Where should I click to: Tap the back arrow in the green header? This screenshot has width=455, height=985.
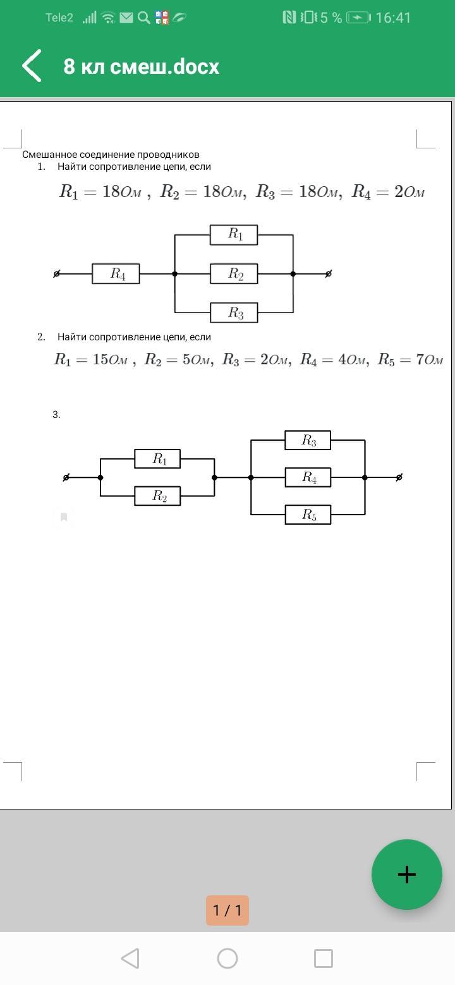click(32, 66)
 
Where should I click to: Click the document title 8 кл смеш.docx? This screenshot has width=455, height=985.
click(141, 67)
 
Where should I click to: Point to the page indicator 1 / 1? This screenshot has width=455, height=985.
click(227, 910)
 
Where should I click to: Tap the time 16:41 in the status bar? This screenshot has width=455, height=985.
click(393, 18)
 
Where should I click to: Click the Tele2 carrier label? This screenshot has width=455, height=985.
click(59, 18)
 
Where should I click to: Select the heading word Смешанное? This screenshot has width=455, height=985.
click(49, 155)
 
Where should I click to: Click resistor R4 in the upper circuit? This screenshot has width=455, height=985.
click(116, 274)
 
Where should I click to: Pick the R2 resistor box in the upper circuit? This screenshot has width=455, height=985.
click(234, 274)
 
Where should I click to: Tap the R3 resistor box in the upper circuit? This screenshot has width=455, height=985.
click(234, 313)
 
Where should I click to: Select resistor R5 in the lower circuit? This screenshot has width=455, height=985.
click(308, 515)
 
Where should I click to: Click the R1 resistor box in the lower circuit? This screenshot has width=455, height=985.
click(157, 459)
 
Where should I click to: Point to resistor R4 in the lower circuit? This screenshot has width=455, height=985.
click(308, 477)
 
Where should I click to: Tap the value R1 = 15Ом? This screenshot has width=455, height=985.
click(90, 360)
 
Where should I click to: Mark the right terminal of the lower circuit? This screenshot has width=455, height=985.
click(399, 477)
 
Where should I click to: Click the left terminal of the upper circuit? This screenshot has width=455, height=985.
click(57, 274)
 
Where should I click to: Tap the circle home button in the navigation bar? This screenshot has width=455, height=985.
click(227, 958)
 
